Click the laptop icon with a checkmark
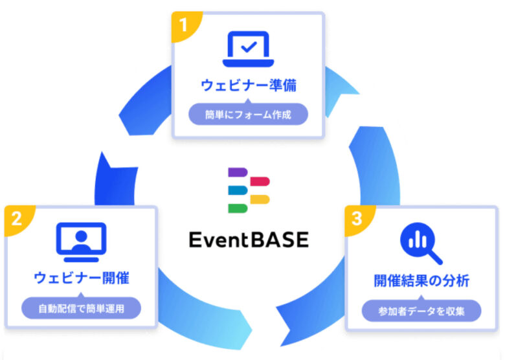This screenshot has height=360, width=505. [249, 49]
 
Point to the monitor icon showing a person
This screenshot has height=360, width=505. [81, 242]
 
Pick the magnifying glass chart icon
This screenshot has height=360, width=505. [421, 243]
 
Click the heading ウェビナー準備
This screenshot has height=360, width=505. [249, 85]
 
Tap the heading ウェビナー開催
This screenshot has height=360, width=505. [82, 278]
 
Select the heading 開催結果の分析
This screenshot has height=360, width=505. [421, 281]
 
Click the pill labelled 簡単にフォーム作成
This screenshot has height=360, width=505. [249, 114]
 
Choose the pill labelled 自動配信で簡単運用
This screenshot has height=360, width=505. [81, 308]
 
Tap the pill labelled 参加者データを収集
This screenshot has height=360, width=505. [421, 311]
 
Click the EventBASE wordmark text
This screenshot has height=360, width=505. [249, 240]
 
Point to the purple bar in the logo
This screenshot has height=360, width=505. [238, 172]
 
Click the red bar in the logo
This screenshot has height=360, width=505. [260, 181]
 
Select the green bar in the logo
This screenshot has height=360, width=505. [238, 208]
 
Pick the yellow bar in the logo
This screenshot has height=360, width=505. [260, 199]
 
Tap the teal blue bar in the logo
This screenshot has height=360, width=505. [238, 190]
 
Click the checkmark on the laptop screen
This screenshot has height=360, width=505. [249, 47]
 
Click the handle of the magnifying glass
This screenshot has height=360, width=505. [435, 257]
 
